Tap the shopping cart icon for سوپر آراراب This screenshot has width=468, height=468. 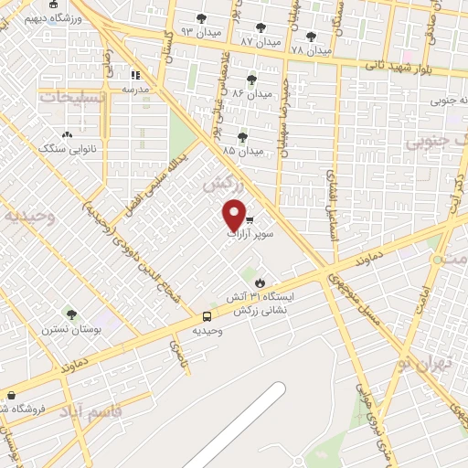pos(250,220)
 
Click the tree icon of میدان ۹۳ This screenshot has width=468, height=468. pos(200,17)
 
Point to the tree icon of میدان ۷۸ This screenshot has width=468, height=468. pos(312,37)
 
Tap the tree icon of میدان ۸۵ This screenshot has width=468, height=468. pos(241,137)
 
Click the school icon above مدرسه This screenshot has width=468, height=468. pos(136,75)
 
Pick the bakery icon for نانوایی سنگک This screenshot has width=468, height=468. pos(68,136)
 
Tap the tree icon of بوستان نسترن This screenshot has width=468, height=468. pos(71,314)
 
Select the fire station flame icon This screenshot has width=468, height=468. pos(260,282)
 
